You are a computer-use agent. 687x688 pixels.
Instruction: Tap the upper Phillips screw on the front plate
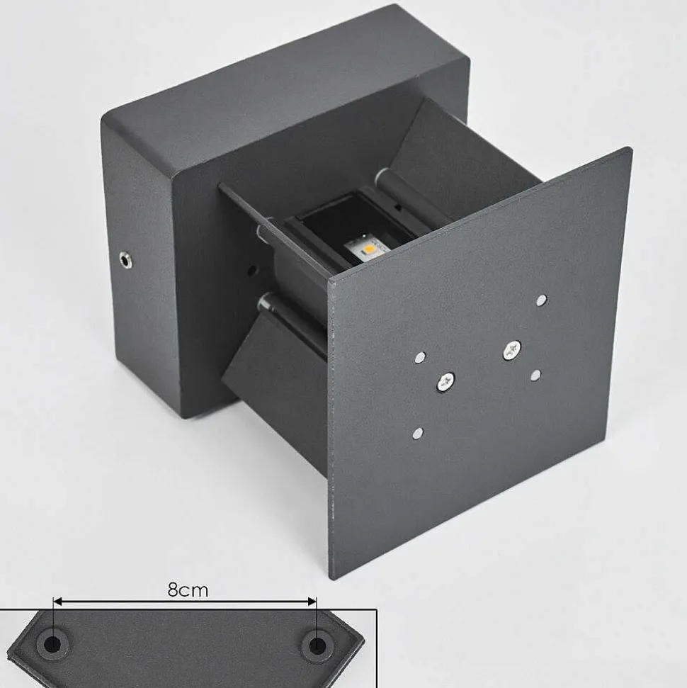[511, 349]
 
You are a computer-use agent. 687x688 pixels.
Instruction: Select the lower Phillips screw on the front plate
[445, 382]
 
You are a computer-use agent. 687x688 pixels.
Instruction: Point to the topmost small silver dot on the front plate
[542, 300]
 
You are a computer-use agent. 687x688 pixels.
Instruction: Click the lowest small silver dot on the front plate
[418, 432]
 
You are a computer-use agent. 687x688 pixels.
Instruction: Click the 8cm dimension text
[188, 590]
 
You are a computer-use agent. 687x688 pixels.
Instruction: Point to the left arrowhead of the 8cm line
[58, 602]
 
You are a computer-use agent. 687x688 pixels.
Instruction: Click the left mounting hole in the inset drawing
[52, 645]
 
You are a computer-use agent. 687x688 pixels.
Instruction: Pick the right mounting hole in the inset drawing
[317, 645]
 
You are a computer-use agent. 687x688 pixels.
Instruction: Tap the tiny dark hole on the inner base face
[251, 269]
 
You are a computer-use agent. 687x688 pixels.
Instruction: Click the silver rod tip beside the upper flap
[383, 174]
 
